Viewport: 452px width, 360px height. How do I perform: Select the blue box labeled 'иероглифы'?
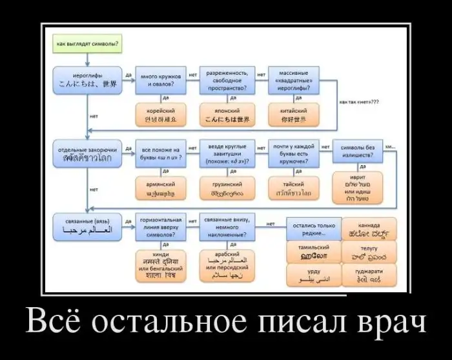(88, 79)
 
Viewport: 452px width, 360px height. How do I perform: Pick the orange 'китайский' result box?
(294, 115)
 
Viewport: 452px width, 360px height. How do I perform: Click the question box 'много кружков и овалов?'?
(160, 80)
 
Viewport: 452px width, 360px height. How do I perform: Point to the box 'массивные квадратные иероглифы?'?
(294, 80)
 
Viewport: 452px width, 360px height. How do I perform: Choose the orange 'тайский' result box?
(294, 188)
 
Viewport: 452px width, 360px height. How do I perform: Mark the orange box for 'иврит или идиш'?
(358, 188)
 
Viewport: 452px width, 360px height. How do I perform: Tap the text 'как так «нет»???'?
(358, 102)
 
